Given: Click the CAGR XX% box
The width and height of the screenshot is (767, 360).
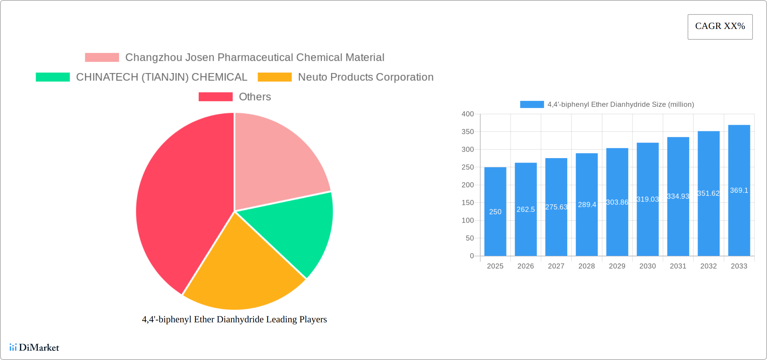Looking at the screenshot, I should [720, 27].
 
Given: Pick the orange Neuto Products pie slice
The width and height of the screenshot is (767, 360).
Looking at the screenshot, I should [242, 273].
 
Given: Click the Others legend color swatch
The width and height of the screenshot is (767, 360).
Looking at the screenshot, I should [215, 97].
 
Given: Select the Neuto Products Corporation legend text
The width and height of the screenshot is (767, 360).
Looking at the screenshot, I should [366, 77].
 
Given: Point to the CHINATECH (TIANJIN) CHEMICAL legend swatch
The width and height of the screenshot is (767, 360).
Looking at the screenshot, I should [53, 77].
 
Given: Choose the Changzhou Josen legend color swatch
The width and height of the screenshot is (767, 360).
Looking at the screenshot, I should [102, 58].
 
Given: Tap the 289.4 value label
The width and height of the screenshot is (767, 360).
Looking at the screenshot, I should [587, 205].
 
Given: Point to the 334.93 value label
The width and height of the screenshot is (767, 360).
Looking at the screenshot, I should [678, 196].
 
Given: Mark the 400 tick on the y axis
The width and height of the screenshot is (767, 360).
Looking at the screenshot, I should [468, 114].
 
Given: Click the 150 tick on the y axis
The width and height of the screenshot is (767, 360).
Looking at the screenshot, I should [468, 203].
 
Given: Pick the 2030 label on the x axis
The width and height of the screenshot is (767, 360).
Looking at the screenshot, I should [648, 266].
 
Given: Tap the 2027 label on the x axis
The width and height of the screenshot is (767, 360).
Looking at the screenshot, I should [556, 266].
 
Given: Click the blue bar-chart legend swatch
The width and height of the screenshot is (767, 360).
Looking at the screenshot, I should [532, 104].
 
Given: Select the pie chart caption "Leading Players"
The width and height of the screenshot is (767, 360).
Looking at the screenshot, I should [234, 319].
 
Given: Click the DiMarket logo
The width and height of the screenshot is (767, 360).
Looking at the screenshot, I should [34, 347].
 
